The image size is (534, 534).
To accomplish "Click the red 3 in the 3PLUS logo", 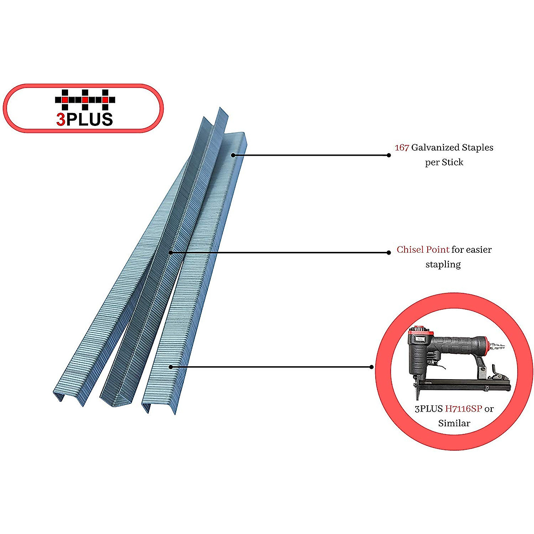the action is [x=61, y=120].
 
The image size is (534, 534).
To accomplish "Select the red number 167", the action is [x=401, y=147].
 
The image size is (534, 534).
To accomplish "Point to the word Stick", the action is [x=453, y=162].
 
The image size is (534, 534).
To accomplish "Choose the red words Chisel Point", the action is [x=423, y=250].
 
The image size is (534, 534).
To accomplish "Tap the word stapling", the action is [x=443, y=264].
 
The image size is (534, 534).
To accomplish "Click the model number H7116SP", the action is [x=463, y=409].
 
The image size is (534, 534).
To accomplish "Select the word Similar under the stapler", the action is [x=454, y=423].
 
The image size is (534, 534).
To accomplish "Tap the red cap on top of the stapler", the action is [x=421, y=332].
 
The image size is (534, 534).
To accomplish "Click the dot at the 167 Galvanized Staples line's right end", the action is [x=389, y=155].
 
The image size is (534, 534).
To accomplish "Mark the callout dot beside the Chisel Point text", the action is [x=389, y=253].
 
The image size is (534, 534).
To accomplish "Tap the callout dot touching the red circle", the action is [x=372, y=367].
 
